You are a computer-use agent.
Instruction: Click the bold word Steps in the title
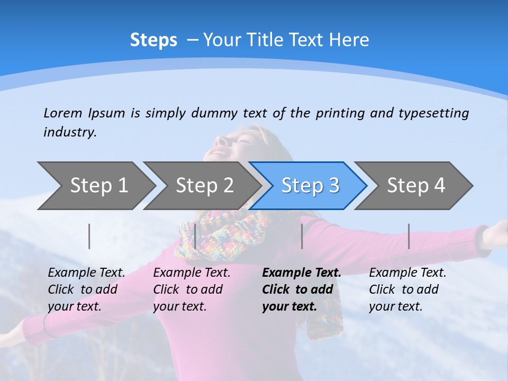(x=153, y=40)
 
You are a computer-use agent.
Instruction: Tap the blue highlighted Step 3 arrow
(x=310, y=186)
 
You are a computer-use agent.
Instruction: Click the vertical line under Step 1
(x=89, y=236)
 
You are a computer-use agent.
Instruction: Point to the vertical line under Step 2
(x=195, y=236)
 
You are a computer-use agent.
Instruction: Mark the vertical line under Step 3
(x=302, y=236)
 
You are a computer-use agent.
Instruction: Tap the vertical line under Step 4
(x=409, y=236)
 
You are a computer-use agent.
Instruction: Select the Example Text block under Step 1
(x=86, y=289)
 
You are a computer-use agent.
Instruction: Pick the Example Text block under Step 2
(x=192, y=289)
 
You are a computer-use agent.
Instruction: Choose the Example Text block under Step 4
(x=407, y=289)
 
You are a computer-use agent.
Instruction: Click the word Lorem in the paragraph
(x=63, y=113)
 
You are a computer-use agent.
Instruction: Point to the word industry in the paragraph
(x=69, y=132)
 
